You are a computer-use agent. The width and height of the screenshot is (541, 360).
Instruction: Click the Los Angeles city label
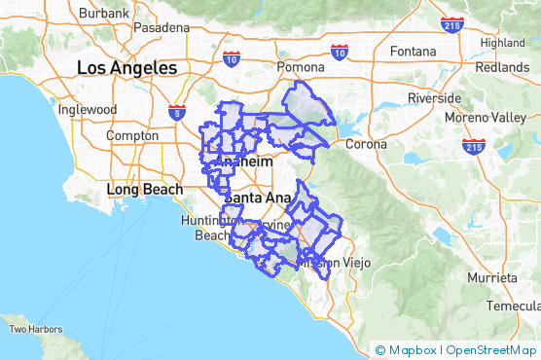pos(127,68)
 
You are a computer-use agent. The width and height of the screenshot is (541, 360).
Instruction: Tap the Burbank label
pos(103,14)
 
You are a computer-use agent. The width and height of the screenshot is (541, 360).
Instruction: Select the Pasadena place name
pos(162,28)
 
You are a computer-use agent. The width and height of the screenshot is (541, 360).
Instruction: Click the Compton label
pos(132,136)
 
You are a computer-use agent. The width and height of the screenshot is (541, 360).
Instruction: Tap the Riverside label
pos(435,99)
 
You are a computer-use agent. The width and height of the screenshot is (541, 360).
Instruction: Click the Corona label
pos(366,144)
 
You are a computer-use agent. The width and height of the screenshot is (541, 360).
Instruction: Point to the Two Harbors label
pos(36,329)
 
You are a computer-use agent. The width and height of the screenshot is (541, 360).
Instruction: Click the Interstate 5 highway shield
pos(176,112)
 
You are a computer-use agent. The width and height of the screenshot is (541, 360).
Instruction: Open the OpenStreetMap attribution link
pos(492,350)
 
